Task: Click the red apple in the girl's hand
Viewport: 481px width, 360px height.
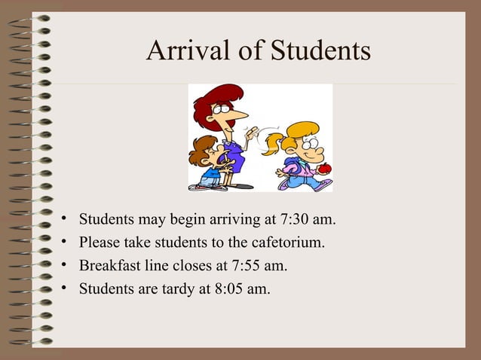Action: [x=323, y=169]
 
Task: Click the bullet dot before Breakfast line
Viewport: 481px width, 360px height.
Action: [x=66, y=265]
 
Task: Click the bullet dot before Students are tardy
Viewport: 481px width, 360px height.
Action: [x=66, y=287]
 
